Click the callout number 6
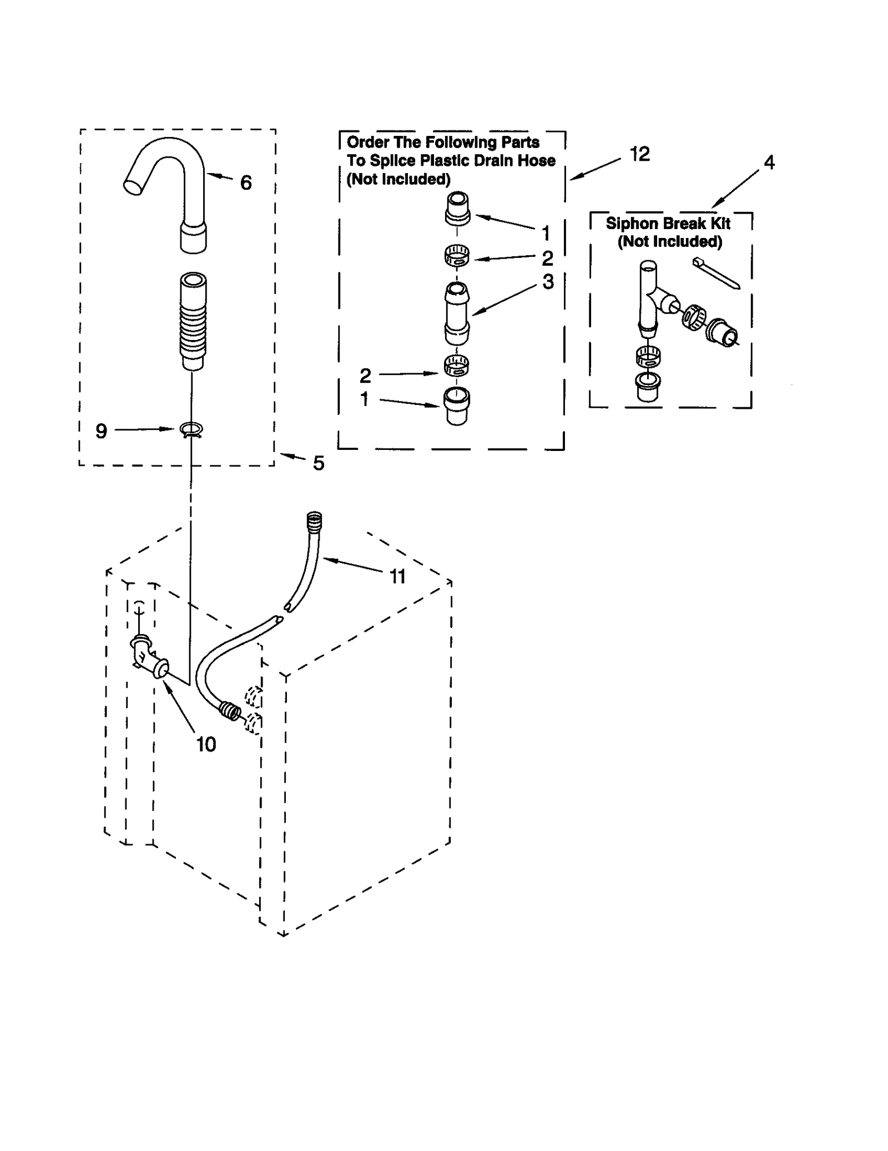point(246,182)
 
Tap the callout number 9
point(101,431)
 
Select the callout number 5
point(318,463)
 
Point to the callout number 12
point(639,154)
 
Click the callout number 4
point(769,163)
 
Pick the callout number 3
point(548,282)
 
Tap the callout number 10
point(206,744)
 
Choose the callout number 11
point(397,577)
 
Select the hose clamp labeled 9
point(191,429)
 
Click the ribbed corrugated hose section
point(193,322)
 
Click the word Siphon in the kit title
point(630,224)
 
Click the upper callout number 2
point(547,258)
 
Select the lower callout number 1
point(365,399)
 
